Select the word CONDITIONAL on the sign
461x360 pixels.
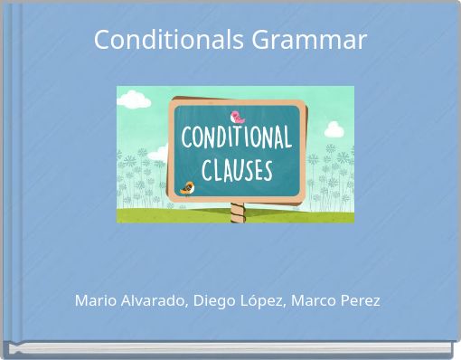point(236,139)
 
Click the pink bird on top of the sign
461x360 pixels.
point(237,117)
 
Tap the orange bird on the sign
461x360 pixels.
point(188,188)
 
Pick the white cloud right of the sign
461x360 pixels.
point(334,129)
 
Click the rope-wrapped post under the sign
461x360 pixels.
point(237,213)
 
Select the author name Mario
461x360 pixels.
point(95,300)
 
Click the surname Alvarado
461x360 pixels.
point(154,300)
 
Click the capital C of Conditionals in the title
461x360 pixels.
point(102,40)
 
